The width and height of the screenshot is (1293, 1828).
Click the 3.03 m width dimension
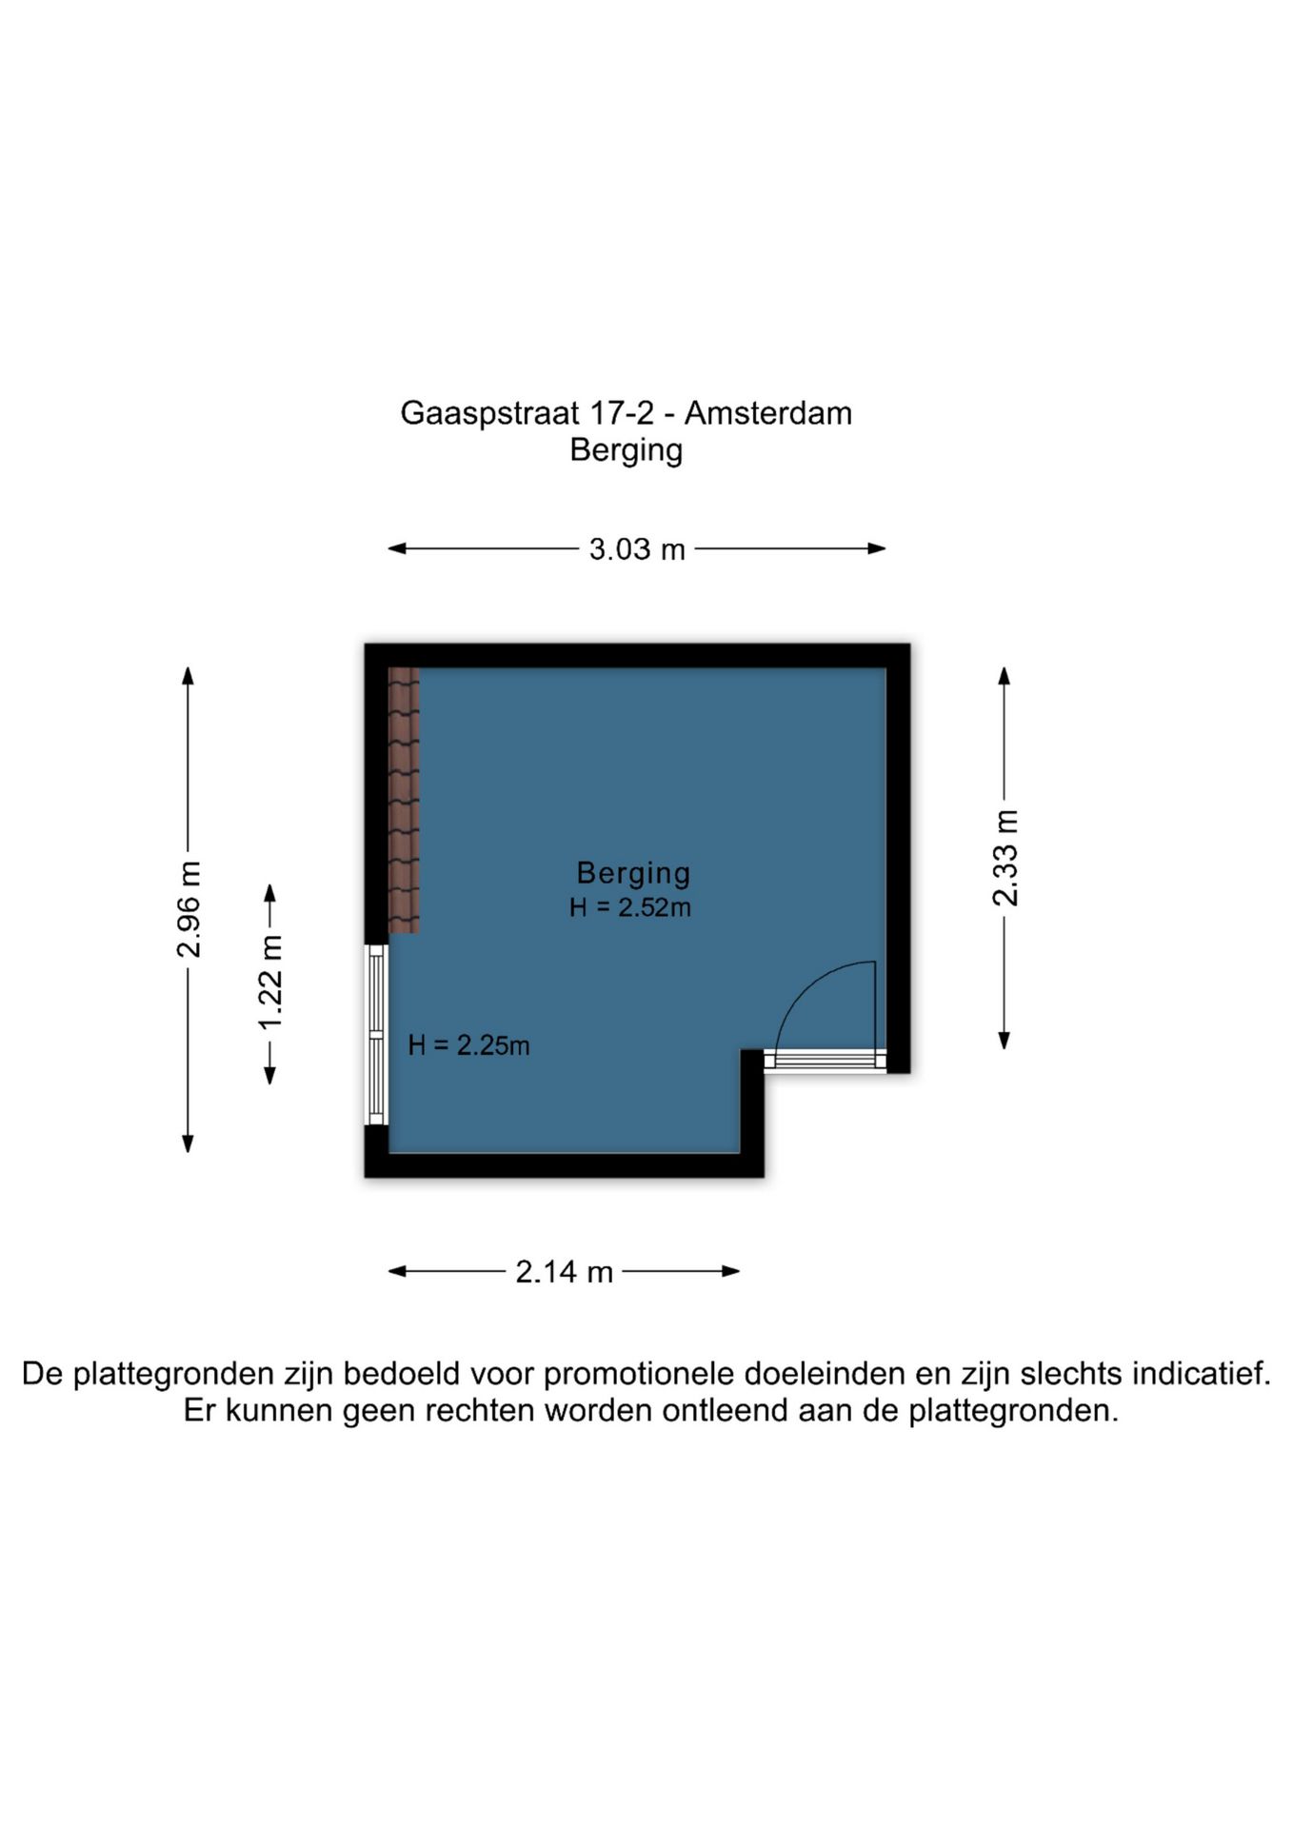coord(637,549)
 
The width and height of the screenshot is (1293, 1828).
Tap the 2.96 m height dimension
coord(189,909)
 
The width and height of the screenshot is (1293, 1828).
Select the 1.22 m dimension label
coord(270,982)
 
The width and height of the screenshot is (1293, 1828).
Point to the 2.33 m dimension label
coord(1005,858)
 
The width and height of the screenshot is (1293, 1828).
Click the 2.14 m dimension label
coord(565,1271)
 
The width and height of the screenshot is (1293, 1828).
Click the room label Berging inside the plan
coord(634,873)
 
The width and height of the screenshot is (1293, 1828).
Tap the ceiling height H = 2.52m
coord(630,907)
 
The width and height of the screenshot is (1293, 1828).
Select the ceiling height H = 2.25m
coord(468,1045)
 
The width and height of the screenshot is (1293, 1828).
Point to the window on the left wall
coord(377,1035)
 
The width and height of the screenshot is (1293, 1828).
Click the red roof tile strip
coord(404,800)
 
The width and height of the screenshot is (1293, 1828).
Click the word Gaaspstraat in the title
coord(489,414)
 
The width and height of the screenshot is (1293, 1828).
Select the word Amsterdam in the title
coord(768,413)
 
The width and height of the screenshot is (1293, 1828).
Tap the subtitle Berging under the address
coord(627,450)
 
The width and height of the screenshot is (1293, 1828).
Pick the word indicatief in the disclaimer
coord(1201,1374)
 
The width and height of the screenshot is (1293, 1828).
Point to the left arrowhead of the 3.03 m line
coord(397,548)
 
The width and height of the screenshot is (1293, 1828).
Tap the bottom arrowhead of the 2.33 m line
coord(1004,1041)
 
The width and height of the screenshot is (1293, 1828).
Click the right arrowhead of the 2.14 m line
coord(731,1271)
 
